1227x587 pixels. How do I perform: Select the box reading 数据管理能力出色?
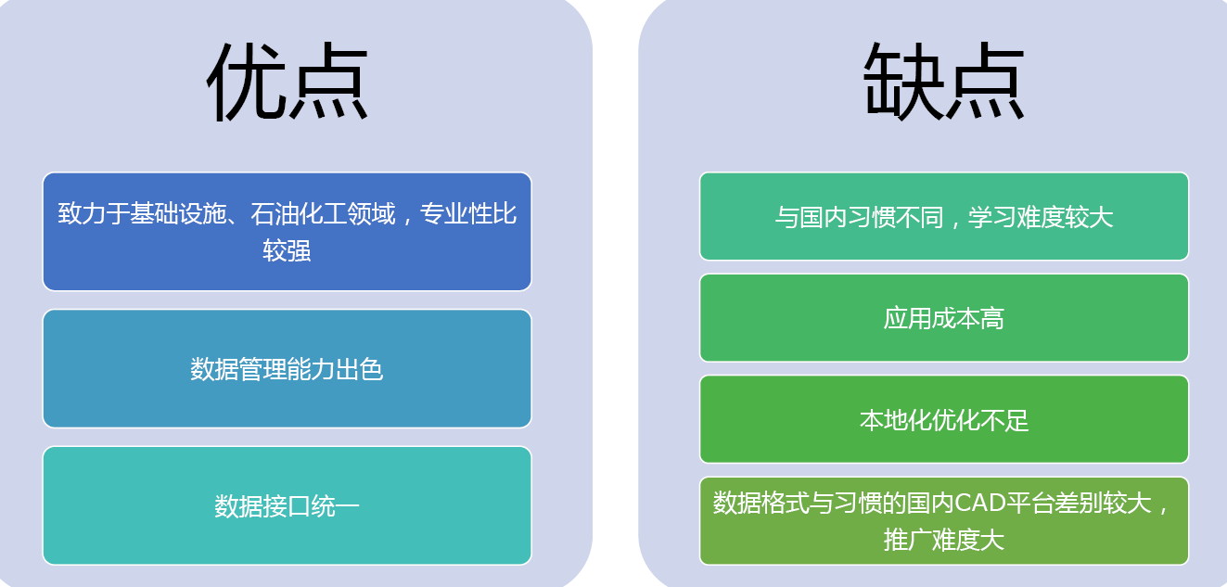tap(287, 368)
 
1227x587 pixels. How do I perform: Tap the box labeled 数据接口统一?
tap(287, 505)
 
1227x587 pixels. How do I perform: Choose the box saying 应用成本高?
tap(944, 317)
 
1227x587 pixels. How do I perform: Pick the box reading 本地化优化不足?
tap(944, 419)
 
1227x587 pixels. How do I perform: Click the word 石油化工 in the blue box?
tap(299, 213)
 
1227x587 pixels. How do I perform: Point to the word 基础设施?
tap(177, 213)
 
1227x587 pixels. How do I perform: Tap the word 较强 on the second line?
tap(287, 250)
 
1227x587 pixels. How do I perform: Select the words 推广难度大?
tap(944, 540)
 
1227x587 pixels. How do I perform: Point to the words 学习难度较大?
tap(1041, 217)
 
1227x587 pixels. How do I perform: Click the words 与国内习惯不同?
tap(859, 217)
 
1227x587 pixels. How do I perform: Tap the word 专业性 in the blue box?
tap(455, 213)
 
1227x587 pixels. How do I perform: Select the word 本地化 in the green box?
tap(895, 420)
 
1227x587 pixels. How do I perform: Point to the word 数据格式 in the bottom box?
tap(760, 503)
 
